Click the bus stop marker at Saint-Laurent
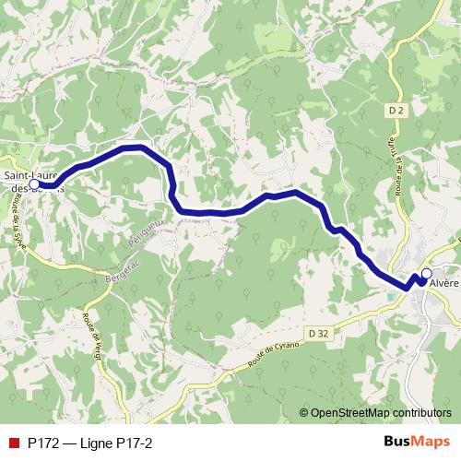34,184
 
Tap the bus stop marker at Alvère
426,274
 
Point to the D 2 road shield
396,111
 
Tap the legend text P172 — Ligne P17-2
89,443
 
